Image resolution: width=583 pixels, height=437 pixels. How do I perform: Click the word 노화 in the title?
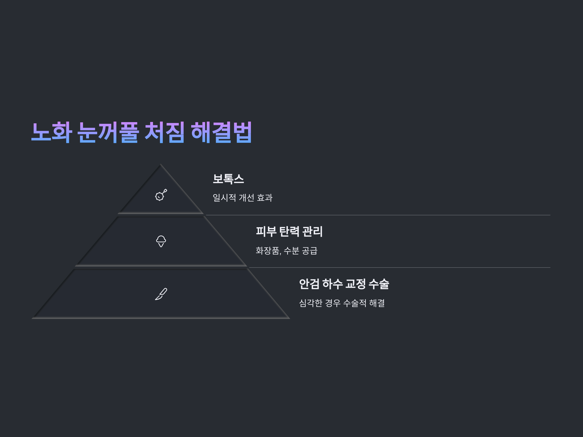click(x=52, y=132)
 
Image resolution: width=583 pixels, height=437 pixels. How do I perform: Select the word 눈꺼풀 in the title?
click(x=108, y=132)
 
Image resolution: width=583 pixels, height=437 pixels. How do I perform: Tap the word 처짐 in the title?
click(x=164, y=132)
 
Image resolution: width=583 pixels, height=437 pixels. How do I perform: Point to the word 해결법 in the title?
click(x=221, y=132)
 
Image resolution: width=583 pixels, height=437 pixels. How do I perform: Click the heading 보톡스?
click(x=228, y=179)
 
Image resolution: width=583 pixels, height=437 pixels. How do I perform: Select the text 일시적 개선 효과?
click(x=242, y=198)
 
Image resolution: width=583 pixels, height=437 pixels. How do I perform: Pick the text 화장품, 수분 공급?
click(x=286, y=251)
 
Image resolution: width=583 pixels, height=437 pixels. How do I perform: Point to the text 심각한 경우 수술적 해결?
click(x=342, y=303)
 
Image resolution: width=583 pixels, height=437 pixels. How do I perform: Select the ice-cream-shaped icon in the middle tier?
click(x=161, y=241)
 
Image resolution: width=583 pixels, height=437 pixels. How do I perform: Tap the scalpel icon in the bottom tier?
click(x=161, y=294)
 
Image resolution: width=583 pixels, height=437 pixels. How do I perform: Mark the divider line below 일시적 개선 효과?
click(x=377, y=215)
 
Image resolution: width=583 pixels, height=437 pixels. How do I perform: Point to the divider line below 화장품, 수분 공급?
click(x=398, y=268)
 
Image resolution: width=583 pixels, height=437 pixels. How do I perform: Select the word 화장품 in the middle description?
click(x=267, y=251)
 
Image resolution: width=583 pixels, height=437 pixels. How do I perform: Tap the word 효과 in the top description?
click(x=265, y=198)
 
